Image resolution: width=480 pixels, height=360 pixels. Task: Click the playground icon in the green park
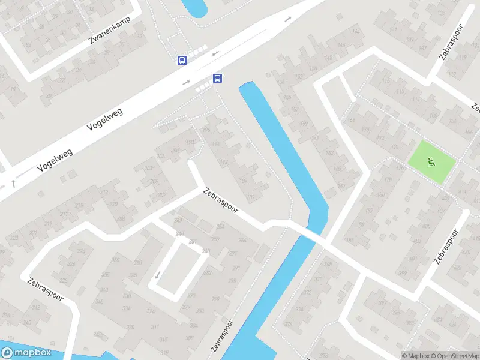(430, 161)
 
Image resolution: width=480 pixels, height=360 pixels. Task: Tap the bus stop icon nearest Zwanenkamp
(181, 60)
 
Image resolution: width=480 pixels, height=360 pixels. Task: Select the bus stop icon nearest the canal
(218, 79)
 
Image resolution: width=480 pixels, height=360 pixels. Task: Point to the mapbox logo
(25, 353)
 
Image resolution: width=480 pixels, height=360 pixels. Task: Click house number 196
(207, 130)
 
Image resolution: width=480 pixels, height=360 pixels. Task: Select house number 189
(244, 181)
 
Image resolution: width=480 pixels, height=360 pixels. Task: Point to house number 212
(105, 192)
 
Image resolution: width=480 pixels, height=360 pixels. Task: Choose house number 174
(394, 147)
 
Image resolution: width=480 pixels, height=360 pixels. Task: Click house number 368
(328, 265)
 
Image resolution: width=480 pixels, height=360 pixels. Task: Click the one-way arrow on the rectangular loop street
(157, 275)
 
